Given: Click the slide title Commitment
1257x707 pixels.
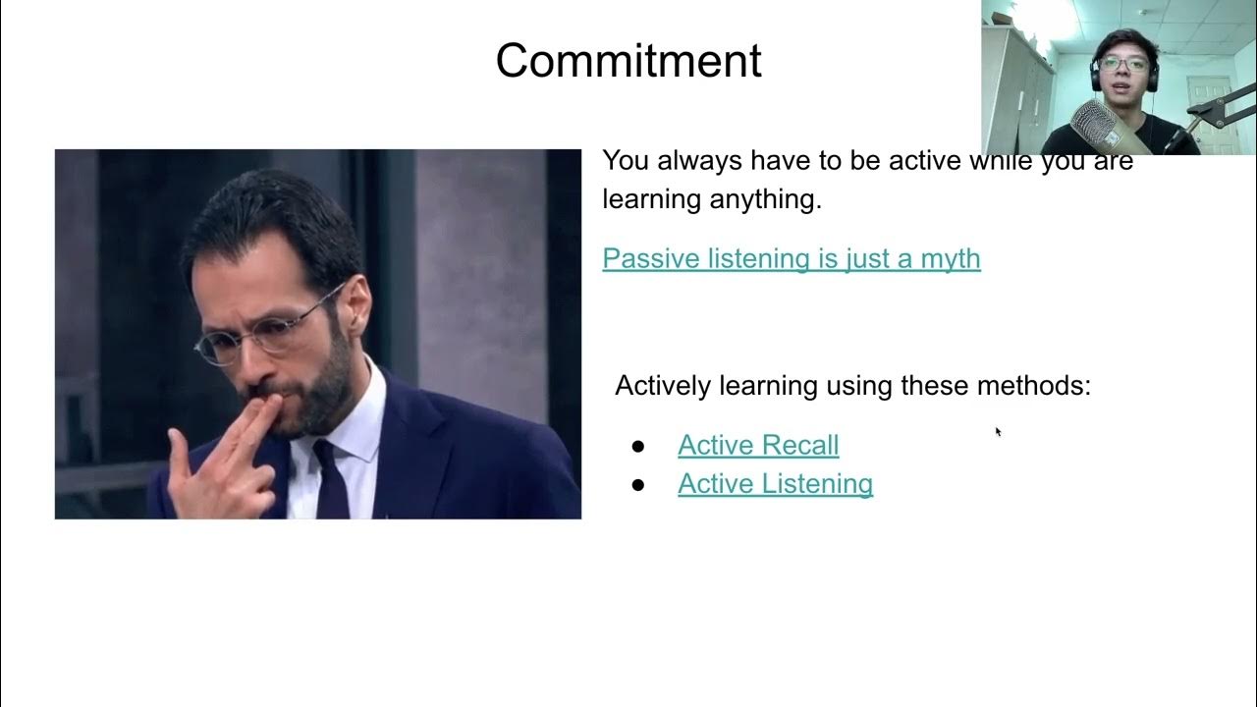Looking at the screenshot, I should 628,61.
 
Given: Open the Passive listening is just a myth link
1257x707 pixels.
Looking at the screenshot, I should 791,258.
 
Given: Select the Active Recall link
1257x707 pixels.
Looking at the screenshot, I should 757,445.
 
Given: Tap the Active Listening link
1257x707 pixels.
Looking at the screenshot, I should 775,483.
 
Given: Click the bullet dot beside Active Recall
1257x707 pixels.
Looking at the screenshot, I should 638,447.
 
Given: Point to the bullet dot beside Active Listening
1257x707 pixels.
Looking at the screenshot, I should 638,485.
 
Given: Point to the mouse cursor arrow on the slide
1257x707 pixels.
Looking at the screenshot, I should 998,431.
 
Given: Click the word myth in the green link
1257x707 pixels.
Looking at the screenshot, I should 950,258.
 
